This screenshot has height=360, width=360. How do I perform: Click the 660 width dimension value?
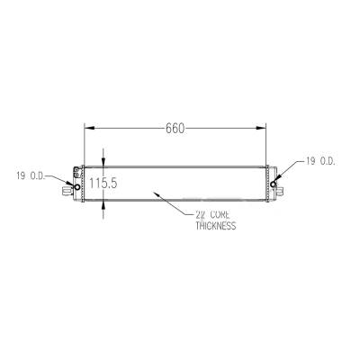pyautogui.click(x=175, y=128)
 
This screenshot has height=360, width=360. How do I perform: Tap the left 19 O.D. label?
pyautogui.click(x=32, y=174)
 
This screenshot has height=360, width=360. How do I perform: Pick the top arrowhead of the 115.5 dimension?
pyautogui.click(x=103, y=161)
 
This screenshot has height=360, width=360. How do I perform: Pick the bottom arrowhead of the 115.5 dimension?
pyautogui.click(x=103, y=206)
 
